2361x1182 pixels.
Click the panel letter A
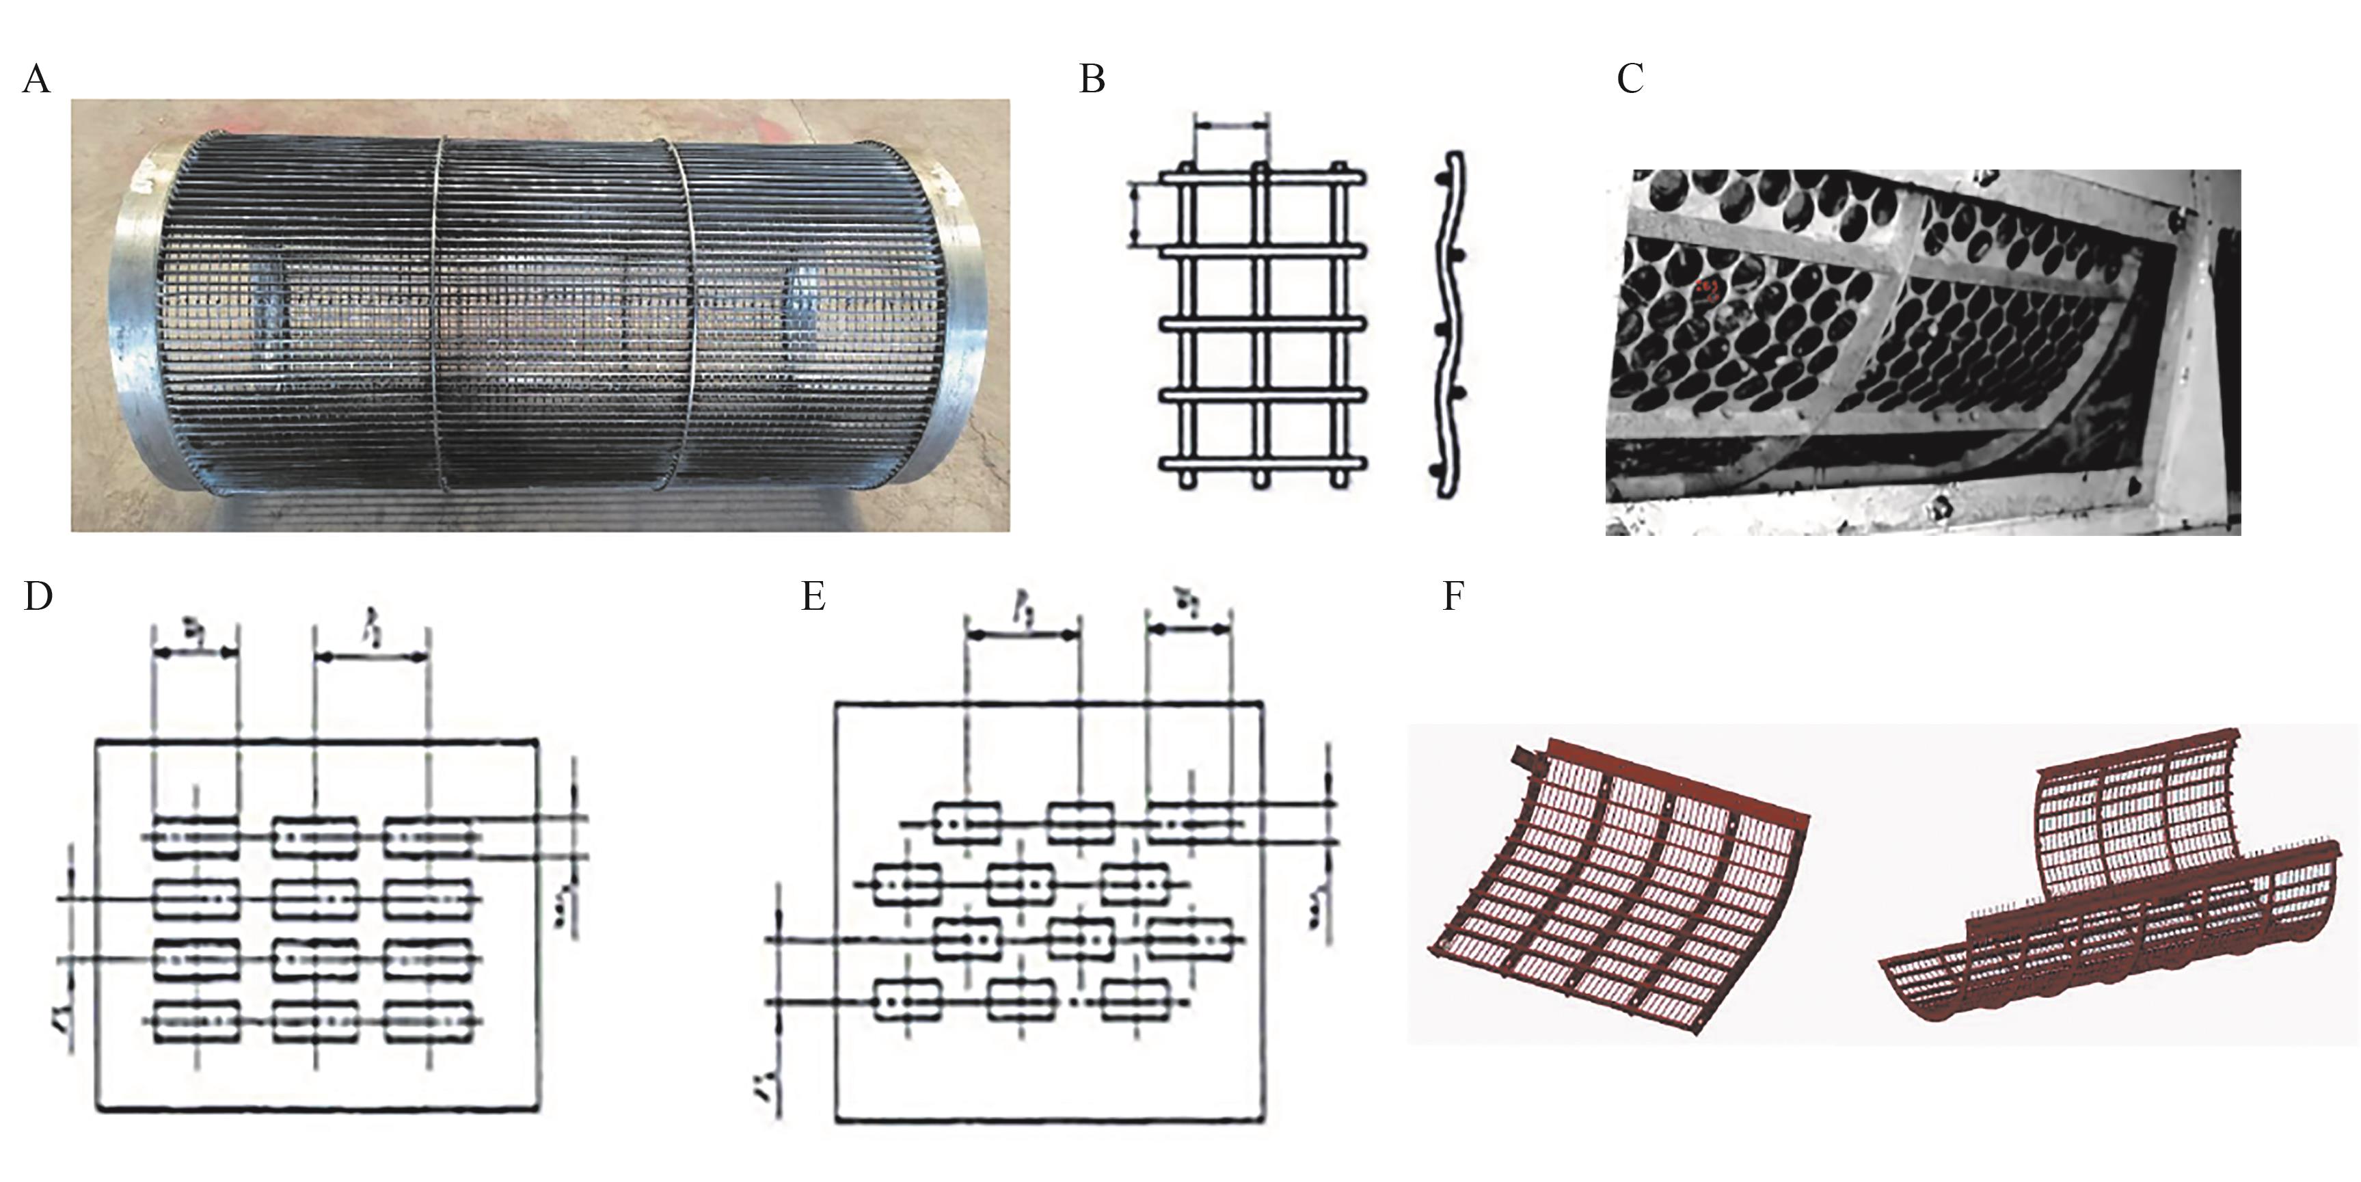click(37, 80)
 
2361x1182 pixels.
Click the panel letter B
click(1092, 80)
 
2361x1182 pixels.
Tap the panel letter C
click(1630, 80)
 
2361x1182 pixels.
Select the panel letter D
click(38, 597)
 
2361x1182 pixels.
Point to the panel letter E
click(813, 597)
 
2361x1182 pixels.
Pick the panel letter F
click(1453, 597)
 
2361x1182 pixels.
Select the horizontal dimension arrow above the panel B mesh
click(1232, 124)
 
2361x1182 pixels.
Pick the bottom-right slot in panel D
click(428, 1021)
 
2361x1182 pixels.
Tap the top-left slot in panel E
click(966, 822)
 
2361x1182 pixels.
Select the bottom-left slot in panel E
click(907, 999)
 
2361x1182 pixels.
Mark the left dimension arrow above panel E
click(1022, 634)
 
